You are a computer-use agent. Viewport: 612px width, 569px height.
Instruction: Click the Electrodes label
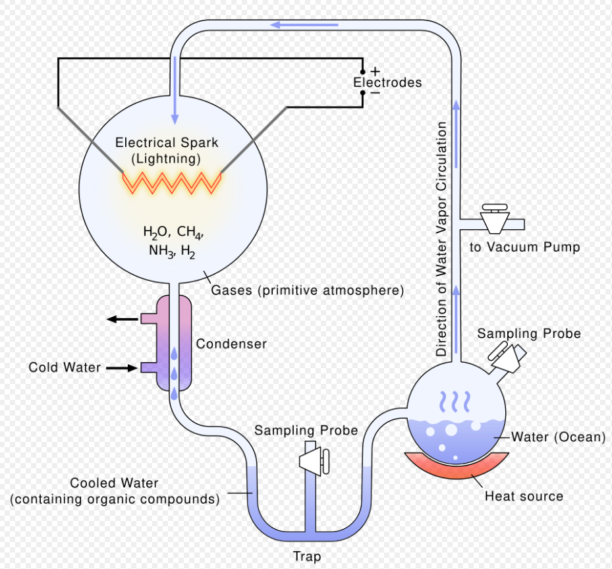tap(387, 83)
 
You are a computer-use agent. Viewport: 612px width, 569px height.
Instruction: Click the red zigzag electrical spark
tap(172, 180)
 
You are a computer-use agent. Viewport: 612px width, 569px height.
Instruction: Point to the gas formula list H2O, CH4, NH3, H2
tap(173, 241)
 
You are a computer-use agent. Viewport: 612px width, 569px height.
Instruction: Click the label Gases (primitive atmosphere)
tap(307, 290)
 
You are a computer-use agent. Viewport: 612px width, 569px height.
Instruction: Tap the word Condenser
tap(231, 344)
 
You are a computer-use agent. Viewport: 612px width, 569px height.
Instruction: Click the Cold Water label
tap(65, 367)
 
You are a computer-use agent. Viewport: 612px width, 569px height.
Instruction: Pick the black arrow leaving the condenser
tap(123, 319)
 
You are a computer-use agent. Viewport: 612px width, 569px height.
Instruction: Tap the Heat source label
tap(524, 496)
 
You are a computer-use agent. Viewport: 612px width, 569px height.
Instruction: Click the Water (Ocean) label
tap(558, 437)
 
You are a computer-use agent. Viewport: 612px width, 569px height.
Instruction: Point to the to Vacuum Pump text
tap(524, 247)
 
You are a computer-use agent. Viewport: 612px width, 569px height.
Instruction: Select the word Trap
tap(307, 556)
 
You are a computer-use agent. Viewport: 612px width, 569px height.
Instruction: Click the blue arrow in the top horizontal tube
tap(305, 25)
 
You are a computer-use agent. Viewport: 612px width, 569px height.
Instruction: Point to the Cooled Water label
tap(115, 483)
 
